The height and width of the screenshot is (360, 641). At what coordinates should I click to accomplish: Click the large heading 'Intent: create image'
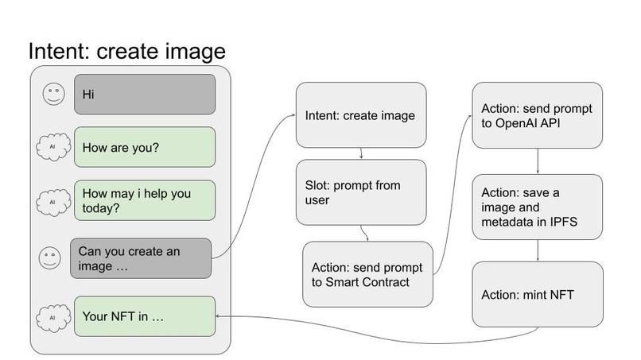pyautogui.click(x=127, y=51)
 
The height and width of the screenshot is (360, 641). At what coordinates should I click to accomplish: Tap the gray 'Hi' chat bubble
pyautogui.click(x=144, y=94)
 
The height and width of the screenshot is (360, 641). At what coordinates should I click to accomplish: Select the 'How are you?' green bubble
pyautogui.click(x=144, y=147)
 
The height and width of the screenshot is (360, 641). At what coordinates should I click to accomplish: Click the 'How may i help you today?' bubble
pyautogui.click(x=144, y=199)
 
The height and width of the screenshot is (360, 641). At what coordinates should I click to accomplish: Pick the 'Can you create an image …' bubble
pyautogui.click(x=141, y=258)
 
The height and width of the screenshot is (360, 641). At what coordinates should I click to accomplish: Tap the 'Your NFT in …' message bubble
pyautogui.click(x=144, y=316)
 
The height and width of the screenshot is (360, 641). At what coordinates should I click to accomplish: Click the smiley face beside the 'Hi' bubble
pyautogui.click(x=53, y=94)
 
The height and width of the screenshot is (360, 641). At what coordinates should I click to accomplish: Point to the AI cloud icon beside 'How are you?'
pyautogui.click(x=52, y=147)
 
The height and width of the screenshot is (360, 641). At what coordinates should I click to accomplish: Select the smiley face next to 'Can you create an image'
pyautogui.click(x=50, y=257)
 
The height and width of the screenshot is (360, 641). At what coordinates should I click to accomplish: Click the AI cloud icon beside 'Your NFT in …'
pyautogui.click(x=52, y=316)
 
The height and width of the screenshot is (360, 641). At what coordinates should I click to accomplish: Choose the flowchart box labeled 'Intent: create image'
pyautogui.click(x=361, y=115)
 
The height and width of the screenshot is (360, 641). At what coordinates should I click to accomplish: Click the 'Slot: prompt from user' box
pyautogui.click(x=361, y=192)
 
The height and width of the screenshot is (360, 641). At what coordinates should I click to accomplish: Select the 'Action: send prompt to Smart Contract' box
pyautogui.click(x=367, y=274)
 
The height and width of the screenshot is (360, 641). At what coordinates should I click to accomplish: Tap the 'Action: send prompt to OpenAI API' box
pyautogui.click(x=538, y=114)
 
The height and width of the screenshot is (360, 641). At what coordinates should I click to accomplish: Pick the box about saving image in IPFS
pyautogui.click(x=538, y=207)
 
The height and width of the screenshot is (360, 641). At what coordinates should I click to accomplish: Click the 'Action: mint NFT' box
pyautogui.click(x=538, y=295)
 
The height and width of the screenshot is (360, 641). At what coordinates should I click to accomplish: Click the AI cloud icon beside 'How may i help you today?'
pyautogui.click(x=52, y=200)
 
